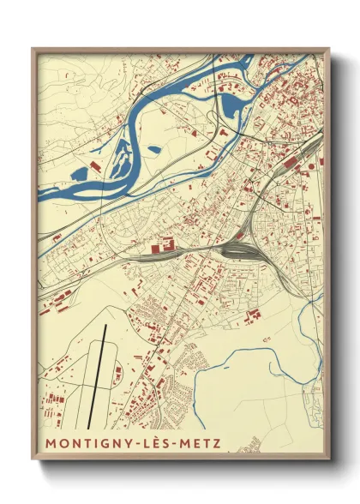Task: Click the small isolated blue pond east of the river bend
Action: point(154,149)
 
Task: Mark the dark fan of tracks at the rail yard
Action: point(243,250)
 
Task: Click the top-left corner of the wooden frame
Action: point(33,49)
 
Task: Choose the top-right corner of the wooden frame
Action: point(329,49)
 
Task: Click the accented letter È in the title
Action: point(156,443)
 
